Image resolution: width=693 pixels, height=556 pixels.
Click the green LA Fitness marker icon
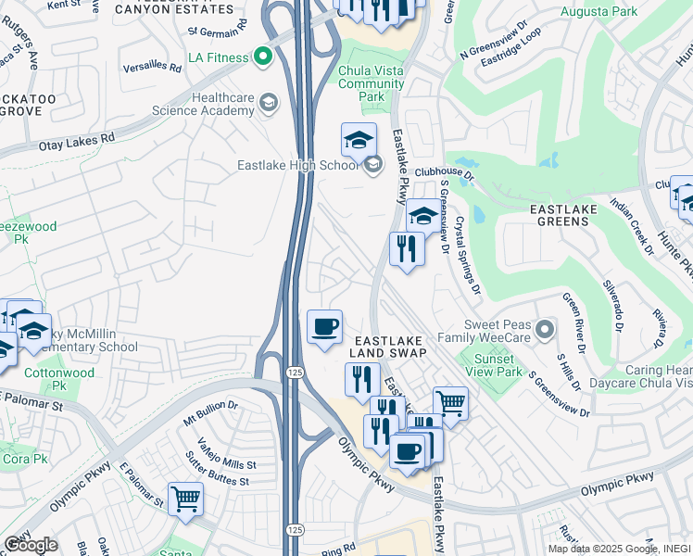tap(263, 57)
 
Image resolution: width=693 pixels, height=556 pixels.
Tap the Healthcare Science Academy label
tap(222, 104)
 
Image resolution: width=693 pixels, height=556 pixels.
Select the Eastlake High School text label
tap(296, 167)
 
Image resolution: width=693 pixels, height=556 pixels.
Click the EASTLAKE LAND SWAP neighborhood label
tap(388, 346)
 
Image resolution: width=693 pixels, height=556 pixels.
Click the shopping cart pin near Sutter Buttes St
tap(185, 499)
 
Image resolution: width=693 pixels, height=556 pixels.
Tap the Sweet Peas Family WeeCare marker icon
tap(547, 329)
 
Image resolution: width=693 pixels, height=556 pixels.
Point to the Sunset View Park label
tap(498, 366)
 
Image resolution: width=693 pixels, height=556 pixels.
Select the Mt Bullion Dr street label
tap(210, 411)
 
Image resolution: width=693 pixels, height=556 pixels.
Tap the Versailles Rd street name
tap(157, 66)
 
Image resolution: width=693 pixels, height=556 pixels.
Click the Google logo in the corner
tap(30, 545)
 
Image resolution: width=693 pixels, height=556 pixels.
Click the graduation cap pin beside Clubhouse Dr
tap(423, 215)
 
